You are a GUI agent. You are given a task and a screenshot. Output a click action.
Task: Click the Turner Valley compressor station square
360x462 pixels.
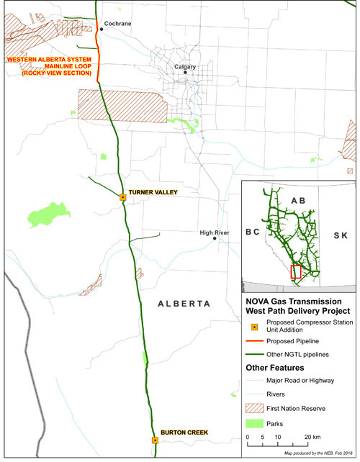123,196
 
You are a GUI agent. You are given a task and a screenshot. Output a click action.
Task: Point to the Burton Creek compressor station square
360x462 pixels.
155,440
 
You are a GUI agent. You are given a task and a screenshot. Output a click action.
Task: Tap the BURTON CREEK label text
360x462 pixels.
184,432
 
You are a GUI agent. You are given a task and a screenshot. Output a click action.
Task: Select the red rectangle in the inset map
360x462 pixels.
295,271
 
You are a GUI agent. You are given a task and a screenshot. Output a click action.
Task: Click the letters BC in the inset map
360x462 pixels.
252,234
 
